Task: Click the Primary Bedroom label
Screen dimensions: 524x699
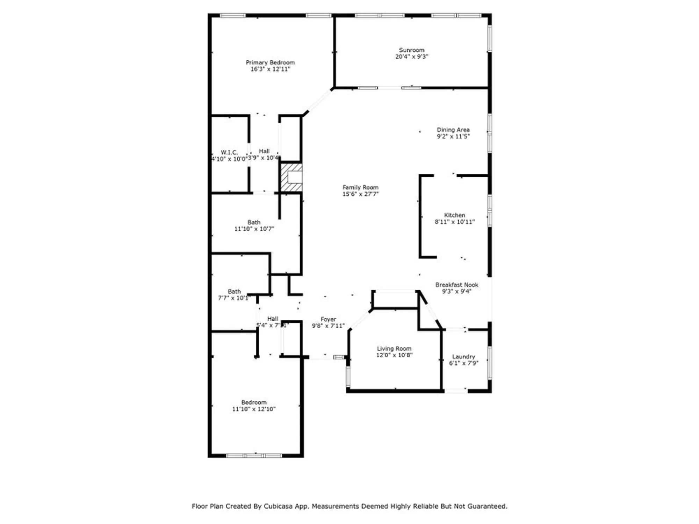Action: [x=270, y=63]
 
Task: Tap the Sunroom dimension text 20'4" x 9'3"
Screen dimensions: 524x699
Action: [x=412, y=57]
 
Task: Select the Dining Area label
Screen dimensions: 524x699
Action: [x=453, y=130]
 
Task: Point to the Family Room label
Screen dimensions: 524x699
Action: [x=360, y=188]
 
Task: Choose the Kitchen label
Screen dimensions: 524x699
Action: [x=454, y=215]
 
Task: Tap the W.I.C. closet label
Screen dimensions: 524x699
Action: [x=229, y=152]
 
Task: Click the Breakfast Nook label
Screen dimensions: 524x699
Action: [x=456, y=285]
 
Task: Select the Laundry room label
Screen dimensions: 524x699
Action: [x=463, y=357]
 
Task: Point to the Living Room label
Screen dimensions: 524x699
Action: [x=394, y=349]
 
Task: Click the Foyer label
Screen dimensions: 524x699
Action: [x=328, y=319]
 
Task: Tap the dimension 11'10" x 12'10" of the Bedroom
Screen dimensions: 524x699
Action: [x=254, y=409]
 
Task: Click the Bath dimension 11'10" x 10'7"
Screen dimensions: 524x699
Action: [x=254, y=229]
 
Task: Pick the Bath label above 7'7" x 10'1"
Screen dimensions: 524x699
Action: [x=234, y=291]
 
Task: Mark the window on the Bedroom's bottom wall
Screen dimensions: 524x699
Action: [x=254, y=456]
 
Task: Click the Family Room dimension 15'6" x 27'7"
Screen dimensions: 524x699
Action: [x=360, y=194]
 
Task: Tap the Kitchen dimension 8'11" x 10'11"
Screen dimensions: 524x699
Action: [x=454, y=222]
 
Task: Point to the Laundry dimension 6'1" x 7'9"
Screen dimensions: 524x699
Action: [x=463, y=363]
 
